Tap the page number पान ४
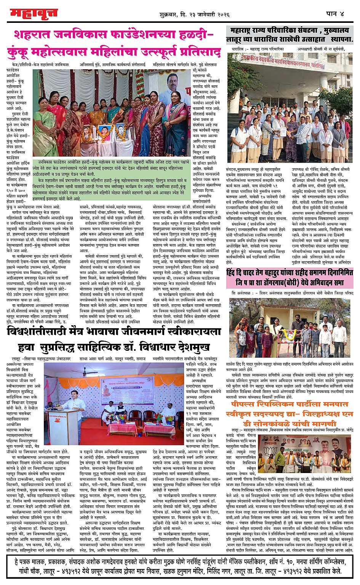335,14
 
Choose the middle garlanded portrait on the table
104,130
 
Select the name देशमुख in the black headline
190,347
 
